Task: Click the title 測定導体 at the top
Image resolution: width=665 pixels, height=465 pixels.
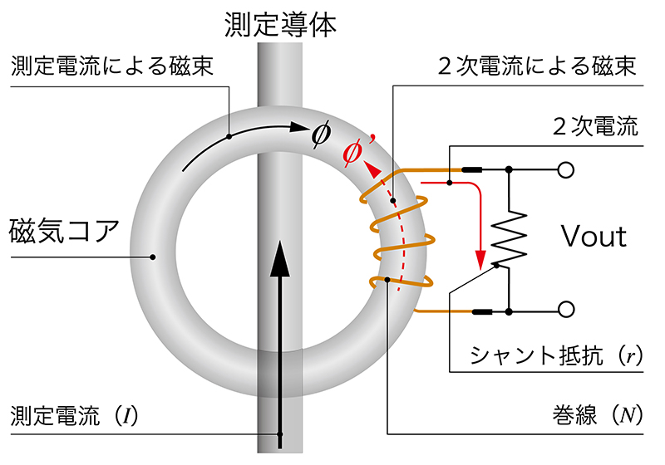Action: [x=280, y=24]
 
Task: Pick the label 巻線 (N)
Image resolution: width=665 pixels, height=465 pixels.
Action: [x=598, y=414]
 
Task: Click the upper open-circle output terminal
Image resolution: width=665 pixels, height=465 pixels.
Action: [x=566, y=170]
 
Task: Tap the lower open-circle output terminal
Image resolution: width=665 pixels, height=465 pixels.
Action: [x=566, y=310]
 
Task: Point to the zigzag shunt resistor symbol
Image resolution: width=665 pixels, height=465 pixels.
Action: [x=508, y=240]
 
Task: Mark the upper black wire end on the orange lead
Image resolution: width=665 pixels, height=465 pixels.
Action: [x=472, y=170]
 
